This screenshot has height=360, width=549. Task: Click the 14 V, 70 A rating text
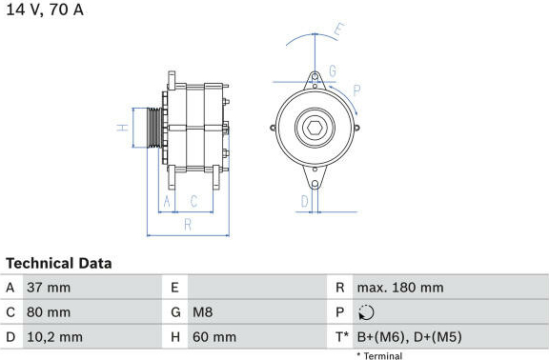pos(45,10)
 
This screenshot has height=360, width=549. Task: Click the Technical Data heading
pos(59,264)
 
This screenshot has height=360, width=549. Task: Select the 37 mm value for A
pos(49,288)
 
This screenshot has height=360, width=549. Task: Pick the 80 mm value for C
pos(49,312)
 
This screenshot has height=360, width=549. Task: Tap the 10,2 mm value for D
pos(55,337)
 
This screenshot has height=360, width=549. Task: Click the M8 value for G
pos(203,312)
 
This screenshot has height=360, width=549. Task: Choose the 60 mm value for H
pos(214,337)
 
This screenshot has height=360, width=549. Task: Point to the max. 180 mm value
pos(400,288)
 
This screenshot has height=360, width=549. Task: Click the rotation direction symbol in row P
pos(366,312)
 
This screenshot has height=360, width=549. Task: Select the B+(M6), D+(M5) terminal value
pos(409,337)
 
